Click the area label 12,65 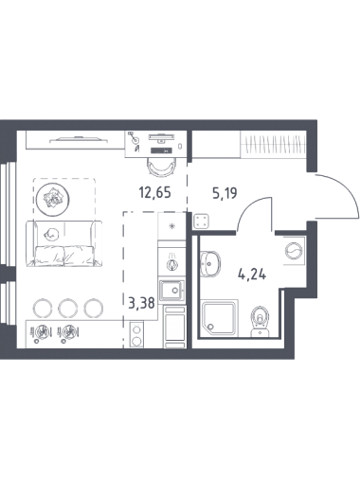coord(154,192)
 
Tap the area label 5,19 coord(225,193)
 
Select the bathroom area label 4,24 coord(252,275)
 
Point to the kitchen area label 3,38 coord(141,303)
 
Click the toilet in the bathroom coord(260,321)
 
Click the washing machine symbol coord(294,250)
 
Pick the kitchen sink coord(171,291)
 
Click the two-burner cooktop coord(136,334)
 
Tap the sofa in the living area coord(64,244)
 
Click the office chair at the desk coord(161,167)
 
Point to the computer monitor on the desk coord(161,137)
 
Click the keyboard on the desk coord(161,151)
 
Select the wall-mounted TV coord(76,139)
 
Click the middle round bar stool coord(67,308)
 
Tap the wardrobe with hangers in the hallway coord(273,144)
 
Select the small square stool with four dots coord(201,221)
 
